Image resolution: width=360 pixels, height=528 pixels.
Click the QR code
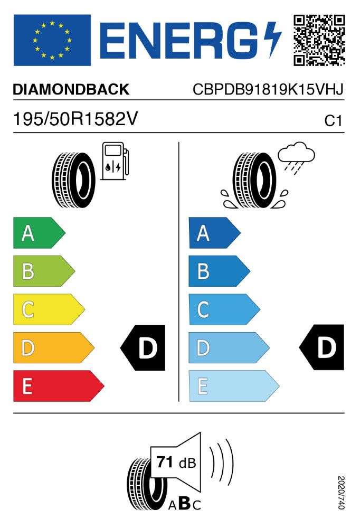[x=319, y=40]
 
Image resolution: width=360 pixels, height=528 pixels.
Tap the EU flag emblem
[x=52, y=40]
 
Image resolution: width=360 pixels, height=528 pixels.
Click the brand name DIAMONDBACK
[x=71, y=90]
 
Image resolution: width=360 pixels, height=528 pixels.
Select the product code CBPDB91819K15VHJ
[x=268, y=90]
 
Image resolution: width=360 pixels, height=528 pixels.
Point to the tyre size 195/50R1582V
[x=75, y=119]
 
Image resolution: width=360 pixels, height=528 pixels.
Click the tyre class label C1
[x=333, y=120]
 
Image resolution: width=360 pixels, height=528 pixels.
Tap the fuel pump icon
[x=115, y=161]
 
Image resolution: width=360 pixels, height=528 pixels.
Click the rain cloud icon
[x=296, y=157]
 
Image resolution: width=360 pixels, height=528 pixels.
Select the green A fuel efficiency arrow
[x=40, y=233]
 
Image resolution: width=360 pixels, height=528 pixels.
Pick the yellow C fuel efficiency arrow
[x=49, y=309]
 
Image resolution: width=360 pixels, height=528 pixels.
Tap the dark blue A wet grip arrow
[x=215, y=233]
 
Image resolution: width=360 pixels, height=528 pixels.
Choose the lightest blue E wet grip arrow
[x=234, y=386]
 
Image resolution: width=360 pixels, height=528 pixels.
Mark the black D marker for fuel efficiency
[x=143, y=348]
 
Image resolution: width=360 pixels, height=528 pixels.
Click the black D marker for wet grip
[x=321, y=347]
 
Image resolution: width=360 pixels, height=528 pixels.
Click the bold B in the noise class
[x=185, y=503]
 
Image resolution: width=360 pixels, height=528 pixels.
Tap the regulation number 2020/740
[x=341, y=492]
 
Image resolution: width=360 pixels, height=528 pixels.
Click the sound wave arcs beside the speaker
[x=221, y=462]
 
